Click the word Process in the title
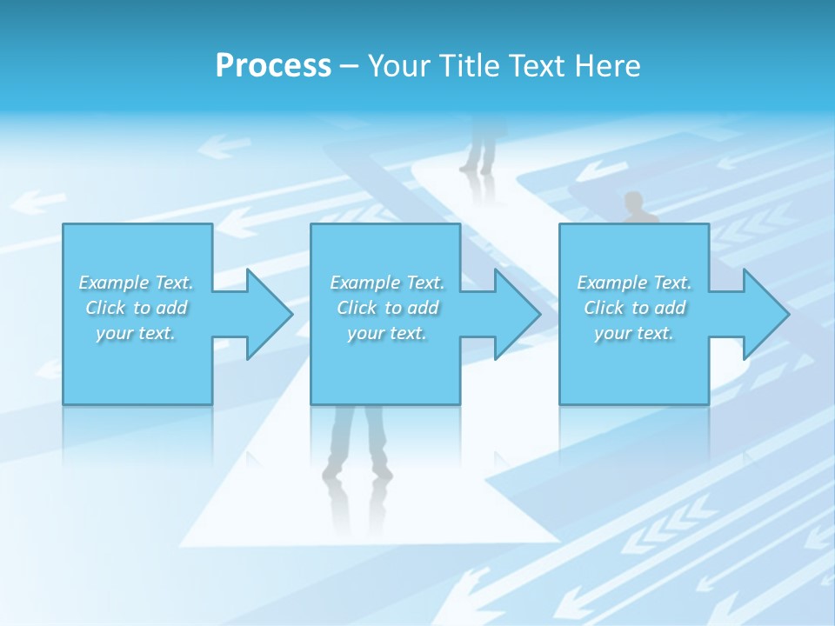click(x=273, y=66)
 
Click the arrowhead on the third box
click(x=765, y=314)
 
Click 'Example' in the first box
click(x=114, y=283)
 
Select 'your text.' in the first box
click(x=136, y=333)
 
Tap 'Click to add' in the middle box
click(x=387, y=308)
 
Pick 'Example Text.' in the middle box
click(x=387, y=283)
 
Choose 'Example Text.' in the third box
click(x=634, y=283)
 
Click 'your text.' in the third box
click(x=634, y=333)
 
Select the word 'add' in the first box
click(x=171, y=308)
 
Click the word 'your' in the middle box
click(x=365, y=333)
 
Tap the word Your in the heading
click(x=398, y=66)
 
